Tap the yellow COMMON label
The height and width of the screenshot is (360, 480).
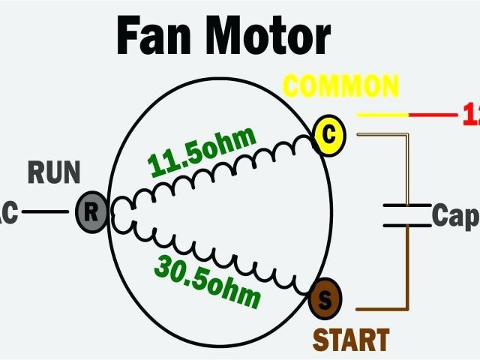(x=338, y=87)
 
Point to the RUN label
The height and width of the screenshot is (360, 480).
(x=54, y=173)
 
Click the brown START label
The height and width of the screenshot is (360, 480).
(x=350, y=340)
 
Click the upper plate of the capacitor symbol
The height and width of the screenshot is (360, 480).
(x=407, y=204)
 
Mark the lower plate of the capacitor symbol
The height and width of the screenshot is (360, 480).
(x=407, y=224)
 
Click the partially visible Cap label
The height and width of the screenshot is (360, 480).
(x=454, y=217)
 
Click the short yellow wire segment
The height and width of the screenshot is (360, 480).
(x=382, y=115)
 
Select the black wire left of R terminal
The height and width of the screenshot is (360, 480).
(x=45, y=211)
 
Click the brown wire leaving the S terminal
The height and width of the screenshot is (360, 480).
(x=382, y=308)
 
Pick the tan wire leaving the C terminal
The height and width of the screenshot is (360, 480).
(x=382, y=136)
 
